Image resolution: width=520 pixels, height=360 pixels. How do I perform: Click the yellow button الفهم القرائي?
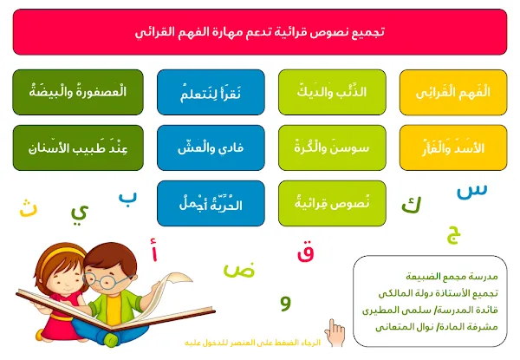pyautogui.click(x=453, y=92)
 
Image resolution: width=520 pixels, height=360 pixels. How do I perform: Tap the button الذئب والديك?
pyautogui.click(x=332, y=92)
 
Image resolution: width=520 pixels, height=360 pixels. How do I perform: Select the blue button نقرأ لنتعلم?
pyautogui.click(x=211, y=92)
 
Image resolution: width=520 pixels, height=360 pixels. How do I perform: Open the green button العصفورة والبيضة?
pyautogui.click(x=78, y=92)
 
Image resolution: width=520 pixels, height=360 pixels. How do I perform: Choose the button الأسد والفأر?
pyautogui.click(x=453, y=147)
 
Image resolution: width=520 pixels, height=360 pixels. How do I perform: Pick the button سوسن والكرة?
pyautogui.click(x=332, y=147)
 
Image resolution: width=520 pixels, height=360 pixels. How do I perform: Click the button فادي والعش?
pyautogui.click(x=211, y=147)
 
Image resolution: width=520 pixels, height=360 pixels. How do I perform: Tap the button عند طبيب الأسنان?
pyautogui.click(x=78, y=147)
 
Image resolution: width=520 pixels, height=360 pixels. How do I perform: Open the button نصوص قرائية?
pyautogui.click(x=332, y=203)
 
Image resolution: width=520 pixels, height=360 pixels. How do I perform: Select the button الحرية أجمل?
pyautogui.click(x=211, y=203)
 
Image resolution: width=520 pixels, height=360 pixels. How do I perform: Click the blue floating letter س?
pyautogui.click(x=472, y=192)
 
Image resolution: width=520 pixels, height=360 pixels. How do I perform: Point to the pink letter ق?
pyautogui.click(x=305, y=253)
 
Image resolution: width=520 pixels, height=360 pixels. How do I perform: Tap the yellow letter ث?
pyautogui.click(x=29, y=209)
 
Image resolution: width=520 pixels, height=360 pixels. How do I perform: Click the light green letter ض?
pyautogui.click(x=239, y=271)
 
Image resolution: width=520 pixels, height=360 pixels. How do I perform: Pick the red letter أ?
pyautogui.click(x=154, y=250)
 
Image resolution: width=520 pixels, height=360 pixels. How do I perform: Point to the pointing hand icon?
pyautogui.click(x=335, y=333)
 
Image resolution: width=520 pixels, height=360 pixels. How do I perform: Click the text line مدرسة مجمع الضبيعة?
pyautogui.click(x=452, y=277)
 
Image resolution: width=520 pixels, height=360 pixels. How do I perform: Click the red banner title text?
pyautogui.click(x=260, y=32)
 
